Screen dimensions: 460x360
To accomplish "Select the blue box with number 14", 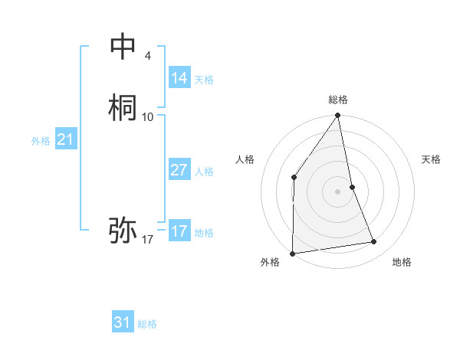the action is coord(179,78).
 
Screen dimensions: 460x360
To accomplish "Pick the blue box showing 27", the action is coord(179,170).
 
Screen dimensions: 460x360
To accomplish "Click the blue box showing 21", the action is coord(65,139).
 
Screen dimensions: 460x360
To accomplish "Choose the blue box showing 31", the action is coord(123,322).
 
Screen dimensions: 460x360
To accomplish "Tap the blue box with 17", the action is coord(179,231).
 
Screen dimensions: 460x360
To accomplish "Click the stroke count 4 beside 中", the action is coord(147,56).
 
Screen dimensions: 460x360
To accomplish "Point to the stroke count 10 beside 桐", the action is coord(148,116).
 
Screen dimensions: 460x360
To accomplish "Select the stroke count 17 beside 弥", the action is coord(148,240).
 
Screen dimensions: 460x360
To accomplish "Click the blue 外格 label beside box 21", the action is coord(41,141).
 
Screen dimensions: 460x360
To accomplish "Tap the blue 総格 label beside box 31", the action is coord(147,324).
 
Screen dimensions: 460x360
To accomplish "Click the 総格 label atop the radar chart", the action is coord(337,100).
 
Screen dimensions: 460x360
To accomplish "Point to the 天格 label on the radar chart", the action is coord(431,159).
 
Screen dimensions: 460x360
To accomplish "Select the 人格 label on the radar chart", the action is coord(245,159).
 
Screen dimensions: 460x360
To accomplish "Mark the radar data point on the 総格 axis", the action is coord(337,116).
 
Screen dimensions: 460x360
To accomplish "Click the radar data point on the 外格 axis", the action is coord(292,253).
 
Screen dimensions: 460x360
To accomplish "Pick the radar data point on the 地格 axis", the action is coord(374,242).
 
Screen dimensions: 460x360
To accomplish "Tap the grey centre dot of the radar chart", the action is coord(337,191).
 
